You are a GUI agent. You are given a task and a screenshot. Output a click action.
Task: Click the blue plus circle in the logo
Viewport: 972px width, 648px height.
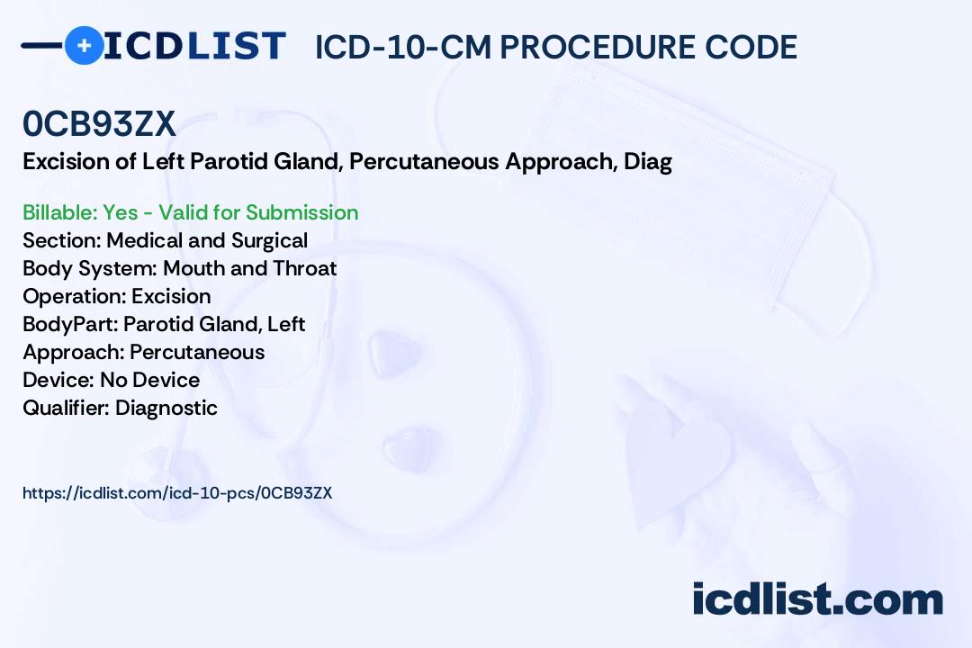coord(84,45)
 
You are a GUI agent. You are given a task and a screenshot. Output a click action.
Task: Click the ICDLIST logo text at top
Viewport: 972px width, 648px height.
coord(193,45)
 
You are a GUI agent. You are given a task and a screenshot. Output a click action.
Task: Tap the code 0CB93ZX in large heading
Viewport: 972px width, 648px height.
coord(99,124)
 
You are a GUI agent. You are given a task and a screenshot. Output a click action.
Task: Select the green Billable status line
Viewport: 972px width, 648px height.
coord(190,212)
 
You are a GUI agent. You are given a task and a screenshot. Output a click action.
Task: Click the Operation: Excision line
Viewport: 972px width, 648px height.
coord(116,296)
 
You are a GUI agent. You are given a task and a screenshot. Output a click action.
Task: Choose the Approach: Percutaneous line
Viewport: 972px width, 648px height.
coord(143,352)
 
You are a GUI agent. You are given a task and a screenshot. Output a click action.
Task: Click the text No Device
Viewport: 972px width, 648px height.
coord(149,380)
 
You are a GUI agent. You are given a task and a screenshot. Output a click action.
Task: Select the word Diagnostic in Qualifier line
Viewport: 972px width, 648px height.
coord(166,408)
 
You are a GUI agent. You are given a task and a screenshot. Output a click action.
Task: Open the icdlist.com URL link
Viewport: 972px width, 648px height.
coord(177,493)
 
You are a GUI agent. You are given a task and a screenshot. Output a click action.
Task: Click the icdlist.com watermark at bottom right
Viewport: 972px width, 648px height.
coord(817,599)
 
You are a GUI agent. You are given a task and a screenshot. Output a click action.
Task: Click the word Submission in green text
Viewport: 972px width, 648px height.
coord(302,212)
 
